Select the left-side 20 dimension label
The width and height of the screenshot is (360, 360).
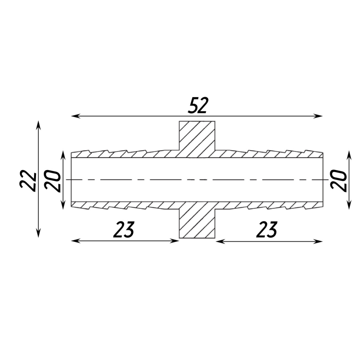pos(53,181)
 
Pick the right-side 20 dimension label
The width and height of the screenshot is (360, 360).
pos(339,181)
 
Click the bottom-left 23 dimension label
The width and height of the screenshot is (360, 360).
pos(124,230)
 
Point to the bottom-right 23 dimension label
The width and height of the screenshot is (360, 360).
pos(267,230)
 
